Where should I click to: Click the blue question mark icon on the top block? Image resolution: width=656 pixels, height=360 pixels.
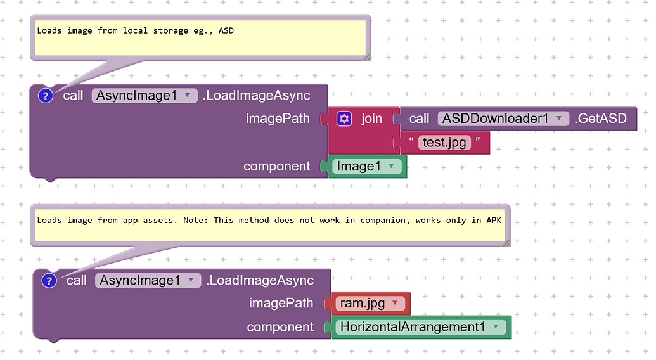point(46,96)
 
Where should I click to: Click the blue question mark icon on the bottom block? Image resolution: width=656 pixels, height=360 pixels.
point(49,280)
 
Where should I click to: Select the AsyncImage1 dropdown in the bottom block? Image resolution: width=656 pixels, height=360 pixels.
point(148,280)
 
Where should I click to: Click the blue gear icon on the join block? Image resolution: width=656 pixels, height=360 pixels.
point(344,119)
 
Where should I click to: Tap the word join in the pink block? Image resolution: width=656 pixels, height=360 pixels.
point(371,119)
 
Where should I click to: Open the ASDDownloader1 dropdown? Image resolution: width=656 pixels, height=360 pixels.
point(503,119)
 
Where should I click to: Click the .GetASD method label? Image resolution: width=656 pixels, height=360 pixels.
point(600,119)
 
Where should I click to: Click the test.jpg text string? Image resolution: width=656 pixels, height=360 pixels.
point(444,143)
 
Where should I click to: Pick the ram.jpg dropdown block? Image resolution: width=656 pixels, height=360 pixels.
point(370,304)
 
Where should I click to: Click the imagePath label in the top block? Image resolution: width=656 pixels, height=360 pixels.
point(278,119)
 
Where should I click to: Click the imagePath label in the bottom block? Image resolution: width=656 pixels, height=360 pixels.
point(281,304)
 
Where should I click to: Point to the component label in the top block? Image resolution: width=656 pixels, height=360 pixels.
point(277,166)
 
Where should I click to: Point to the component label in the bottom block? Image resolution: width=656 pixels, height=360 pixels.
point(280,327)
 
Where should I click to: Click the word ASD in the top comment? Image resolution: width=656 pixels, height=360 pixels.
point(226,30)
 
